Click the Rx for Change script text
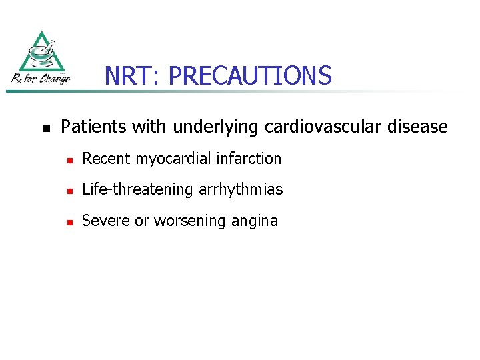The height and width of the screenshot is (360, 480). point(41,80)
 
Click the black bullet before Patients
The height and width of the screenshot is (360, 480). point(45,127)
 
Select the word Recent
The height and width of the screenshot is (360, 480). point(106,159)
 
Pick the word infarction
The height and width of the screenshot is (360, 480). point(251,159)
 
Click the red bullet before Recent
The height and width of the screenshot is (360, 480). point(69,160)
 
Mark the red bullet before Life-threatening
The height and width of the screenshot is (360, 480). point(69,191)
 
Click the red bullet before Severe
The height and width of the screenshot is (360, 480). point(69,222)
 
